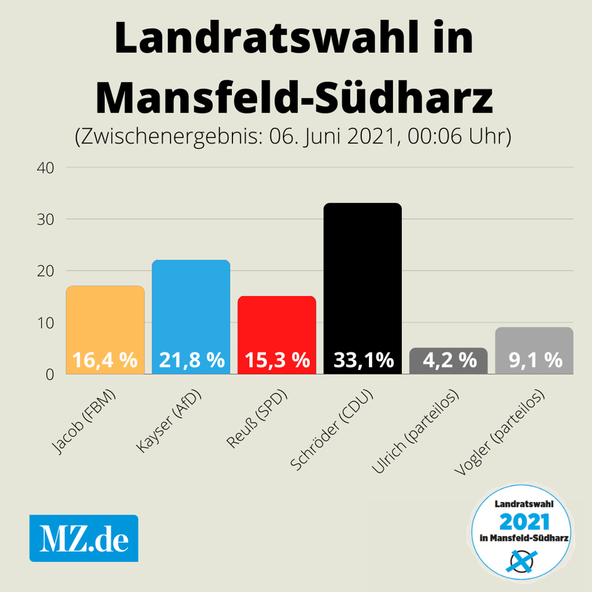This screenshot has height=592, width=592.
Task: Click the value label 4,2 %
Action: (449, 361)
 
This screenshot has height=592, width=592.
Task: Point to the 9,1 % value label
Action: (535, 361)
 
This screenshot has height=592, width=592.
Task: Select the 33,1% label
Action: (363, 361)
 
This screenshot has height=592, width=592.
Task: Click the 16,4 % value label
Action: (105, 361)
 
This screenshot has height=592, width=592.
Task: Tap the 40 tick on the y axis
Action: (46, 168)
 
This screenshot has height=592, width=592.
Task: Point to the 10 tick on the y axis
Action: (46, 323)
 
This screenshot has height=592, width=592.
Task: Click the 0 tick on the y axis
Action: (50, 374)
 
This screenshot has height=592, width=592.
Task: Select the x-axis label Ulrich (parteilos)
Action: (415, 434)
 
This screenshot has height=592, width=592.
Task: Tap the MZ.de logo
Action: (84, 538)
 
